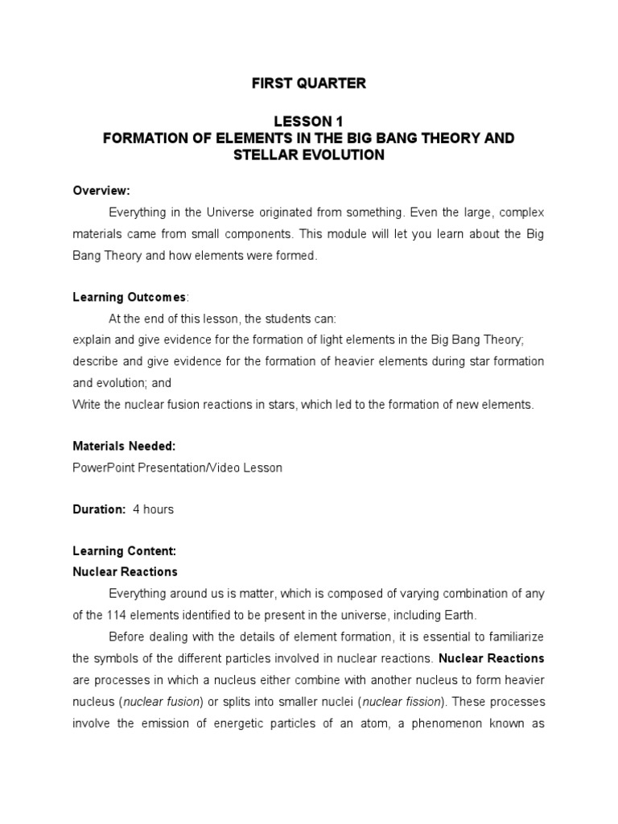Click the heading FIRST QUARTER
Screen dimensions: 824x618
coord(309,84)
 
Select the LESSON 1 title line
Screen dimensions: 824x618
coord(309,122)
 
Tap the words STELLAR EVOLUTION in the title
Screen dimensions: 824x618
coord(309,155)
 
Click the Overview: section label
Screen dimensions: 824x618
coord(101,191)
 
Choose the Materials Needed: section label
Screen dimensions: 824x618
coord(124,446)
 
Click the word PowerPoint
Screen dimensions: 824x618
coord(101,467)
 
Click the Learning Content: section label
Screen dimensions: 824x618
coord(124,551)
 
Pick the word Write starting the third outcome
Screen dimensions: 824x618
coord(87,404)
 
